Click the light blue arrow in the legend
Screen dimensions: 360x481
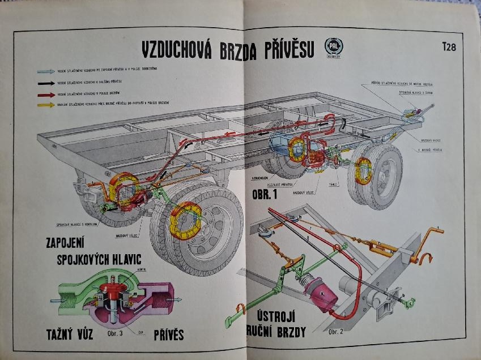[x=46, y=72]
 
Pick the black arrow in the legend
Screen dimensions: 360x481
[x=46, y=83]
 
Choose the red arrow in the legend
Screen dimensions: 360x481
[x=46, y=94]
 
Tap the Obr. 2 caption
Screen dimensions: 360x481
[x=336, y=330]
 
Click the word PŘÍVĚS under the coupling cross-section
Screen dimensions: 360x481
[x=169, y=335]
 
